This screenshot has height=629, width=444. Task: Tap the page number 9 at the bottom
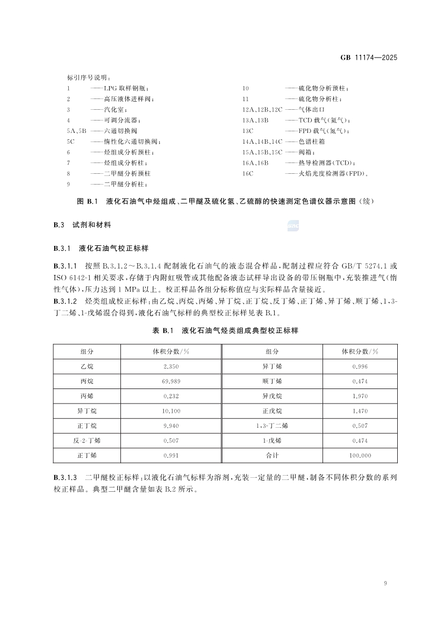click(x=386, y=583)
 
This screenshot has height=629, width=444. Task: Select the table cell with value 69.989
click(x=170, y=381)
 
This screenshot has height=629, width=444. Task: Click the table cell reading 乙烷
click(x=87, y=366)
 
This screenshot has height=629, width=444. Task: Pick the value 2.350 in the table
click(x=170, y=366)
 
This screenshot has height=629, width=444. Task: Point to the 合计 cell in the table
click(x=272, y=455)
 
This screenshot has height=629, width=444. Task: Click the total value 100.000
click(x=360, y=455)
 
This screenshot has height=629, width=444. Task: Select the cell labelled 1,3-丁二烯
click(x=272, y=426)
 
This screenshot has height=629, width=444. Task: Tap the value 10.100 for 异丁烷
click(x=170, y=411)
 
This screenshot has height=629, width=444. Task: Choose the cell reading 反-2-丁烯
click(x=87, y=441)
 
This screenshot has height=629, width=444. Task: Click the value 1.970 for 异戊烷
click(x=360, y=396)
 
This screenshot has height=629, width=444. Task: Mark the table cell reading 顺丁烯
click(x=272, y=381)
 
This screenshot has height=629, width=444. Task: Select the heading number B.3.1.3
click(x=66, y=478)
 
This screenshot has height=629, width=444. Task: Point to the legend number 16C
click(x=248, y=174)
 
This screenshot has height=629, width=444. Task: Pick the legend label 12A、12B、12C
click(x=262, y=109)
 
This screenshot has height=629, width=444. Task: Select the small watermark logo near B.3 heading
click(x=293, y=227)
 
